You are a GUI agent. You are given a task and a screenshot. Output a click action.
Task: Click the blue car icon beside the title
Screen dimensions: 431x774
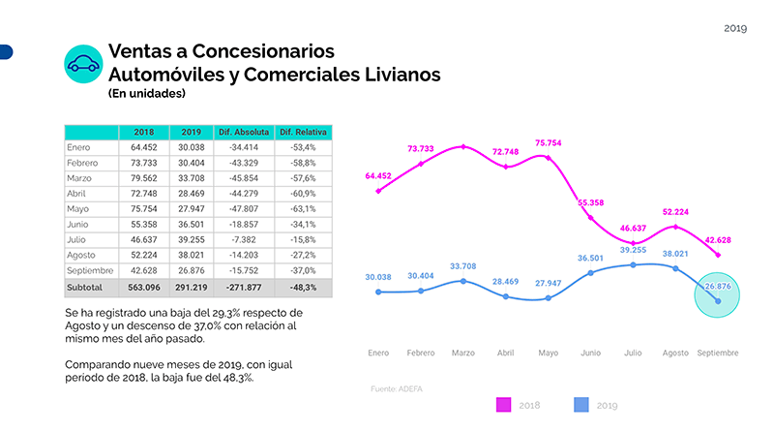[x=84, y=64]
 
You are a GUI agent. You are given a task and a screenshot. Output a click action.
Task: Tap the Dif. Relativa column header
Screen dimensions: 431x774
[x=304, y=132]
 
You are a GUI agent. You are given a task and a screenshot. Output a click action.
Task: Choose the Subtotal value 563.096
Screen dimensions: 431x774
[x=142, y=288]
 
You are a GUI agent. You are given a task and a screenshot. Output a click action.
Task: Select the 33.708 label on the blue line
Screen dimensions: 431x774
[x=463, y=265]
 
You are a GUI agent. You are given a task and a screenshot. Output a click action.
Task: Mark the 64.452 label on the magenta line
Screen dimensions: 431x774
[x=379, y=176]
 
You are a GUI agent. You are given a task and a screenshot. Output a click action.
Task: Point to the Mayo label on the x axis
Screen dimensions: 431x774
[x=548, y=353]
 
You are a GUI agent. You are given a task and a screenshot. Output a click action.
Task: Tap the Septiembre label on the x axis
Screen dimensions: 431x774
[x=719, y=353]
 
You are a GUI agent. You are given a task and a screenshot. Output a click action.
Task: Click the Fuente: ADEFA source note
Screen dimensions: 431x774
[x=397, y=388]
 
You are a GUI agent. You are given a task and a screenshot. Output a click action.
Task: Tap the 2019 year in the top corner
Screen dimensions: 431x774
[x=736, y=28]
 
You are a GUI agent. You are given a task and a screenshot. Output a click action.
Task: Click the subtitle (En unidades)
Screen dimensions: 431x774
[x=147, y=94]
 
